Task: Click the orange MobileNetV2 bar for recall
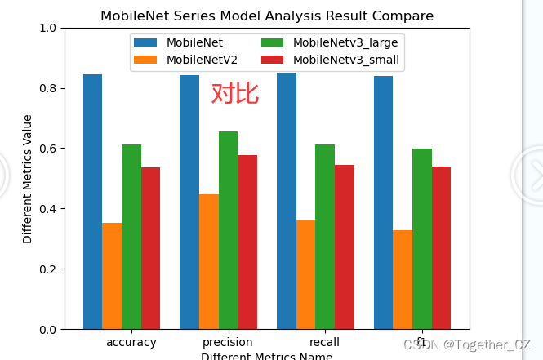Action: pos(305,274)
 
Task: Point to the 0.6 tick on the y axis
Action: pos(50,149)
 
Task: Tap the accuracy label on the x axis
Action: pos(131,342)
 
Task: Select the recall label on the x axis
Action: pos(324,342)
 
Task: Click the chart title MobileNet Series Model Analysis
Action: pos(267,16)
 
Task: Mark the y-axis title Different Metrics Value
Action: pos(28,179)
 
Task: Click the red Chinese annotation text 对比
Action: pos(235,94)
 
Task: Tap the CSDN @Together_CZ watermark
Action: pos(467,345)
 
